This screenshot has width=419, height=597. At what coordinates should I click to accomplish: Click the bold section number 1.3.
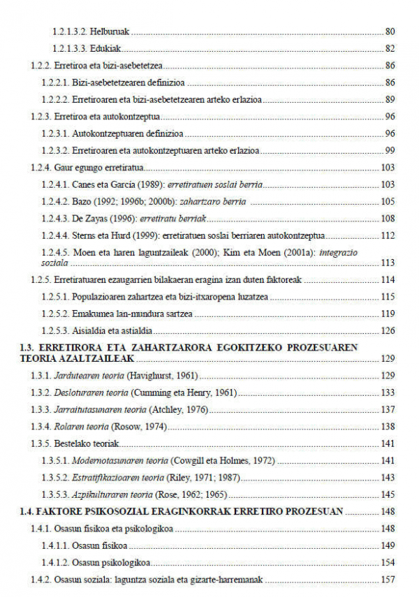pos(27,347)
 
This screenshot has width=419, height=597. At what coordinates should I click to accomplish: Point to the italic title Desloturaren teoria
pos(84,392)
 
